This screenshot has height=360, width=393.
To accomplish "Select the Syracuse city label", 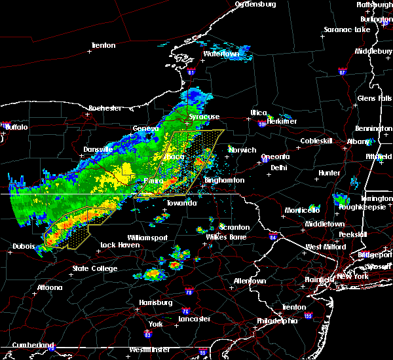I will coord(204,117).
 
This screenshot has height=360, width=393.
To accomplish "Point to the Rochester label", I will coord(105,108).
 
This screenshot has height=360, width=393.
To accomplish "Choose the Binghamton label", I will coord(224,180).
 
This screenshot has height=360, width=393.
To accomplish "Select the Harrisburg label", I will coord(155,302).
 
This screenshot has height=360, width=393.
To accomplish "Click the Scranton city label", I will coord(234,227).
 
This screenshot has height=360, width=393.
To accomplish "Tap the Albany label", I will coord(357,141).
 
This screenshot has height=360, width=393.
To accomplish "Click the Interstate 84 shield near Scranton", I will coord(272,237).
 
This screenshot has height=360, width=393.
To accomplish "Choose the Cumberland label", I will coord(28,345).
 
